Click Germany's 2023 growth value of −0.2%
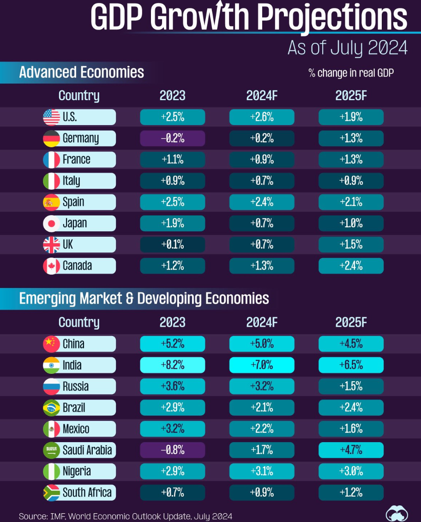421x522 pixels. pyautogui.click(x=172, y=138)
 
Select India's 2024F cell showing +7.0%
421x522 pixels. pyautogui.click(x=262, y=366)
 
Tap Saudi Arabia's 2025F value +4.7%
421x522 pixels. pyautogui.click(x=351, y=450)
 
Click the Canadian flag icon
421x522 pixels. pyautogui.click(x=51, y=266)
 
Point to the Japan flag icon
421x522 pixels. pyautogui.click(x=51, y=223)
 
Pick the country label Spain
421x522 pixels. pyautogui.click(x=73, y=202)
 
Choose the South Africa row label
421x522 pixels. pyautogui.click(x=87, y=492)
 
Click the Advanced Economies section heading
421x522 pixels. pyautogui.click(x=82, y=72)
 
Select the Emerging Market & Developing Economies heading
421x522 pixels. pyautogui.click(x=144, y=299)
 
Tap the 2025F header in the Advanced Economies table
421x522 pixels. pyautogui.click(x=351, y=96)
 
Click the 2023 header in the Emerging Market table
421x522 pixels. pyautogui.click(x=172, y=322)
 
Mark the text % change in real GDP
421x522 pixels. pyautogui.click(x=351, y=73)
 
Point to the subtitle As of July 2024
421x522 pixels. pyautogui.click(x=347, y=48)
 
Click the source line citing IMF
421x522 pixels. pyautogui.click(x=126, y=516)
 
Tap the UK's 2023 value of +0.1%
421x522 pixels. pyautogui.click(x=172, y=245)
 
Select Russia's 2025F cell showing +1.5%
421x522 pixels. pyautogui.click(x=351, y=387)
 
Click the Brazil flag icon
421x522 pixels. pyautogui.click(x=51, y=408)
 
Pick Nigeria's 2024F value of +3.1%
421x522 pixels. pyautogui.click(x=262, y=471)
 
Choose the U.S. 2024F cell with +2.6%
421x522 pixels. pyautogui.click(x=262, y=117)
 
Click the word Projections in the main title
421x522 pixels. pyautogui.click(x=332, y=18)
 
